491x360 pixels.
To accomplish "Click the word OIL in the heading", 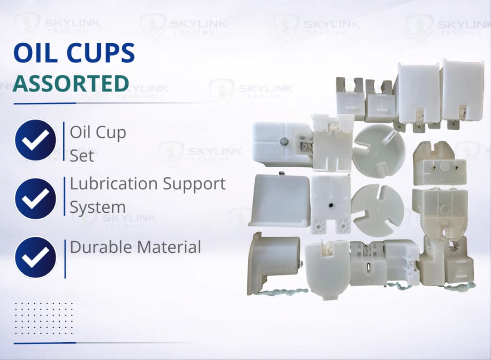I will tap(34, 53).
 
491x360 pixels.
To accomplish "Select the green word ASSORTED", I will tap(70, 84).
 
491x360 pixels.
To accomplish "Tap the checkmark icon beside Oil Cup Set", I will tap(35, 140).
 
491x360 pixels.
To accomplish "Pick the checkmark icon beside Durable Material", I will tap(35, 257).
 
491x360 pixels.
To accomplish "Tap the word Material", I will tap(169, 247).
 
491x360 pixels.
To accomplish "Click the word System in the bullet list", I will tap(97, 207).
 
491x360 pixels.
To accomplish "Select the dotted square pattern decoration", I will tap(43, 318).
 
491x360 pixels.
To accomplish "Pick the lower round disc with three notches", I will tap(377, 210).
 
